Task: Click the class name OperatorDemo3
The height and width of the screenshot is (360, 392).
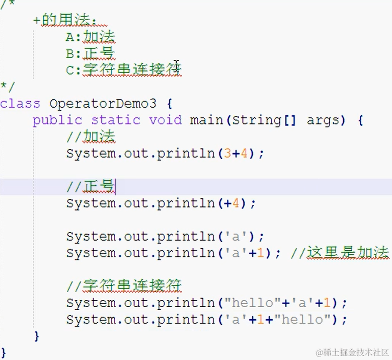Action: [103, 104]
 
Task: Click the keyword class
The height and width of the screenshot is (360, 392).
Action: [20, 104]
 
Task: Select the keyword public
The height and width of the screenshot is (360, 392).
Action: [57, 120]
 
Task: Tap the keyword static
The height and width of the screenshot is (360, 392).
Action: [115, 120]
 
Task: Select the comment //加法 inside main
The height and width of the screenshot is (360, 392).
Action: [91, 136]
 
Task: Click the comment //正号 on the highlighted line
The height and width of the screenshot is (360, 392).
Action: [91, 186]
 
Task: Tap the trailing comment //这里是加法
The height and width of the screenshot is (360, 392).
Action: [340, 253]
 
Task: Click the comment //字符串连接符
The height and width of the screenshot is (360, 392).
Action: [124, 286]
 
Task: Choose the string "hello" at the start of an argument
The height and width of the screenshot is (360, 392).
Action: [252, 303]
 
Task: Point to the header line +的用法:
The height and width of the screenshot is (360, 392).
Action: [65, 21]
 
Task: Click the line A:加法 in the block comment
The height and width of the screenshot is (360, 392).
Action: [91, 37]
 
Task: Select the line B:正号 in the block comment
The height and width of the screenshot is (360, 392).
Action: [91, 53]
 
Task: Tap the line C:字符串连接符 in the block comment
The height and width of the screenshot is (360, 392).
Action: [124, 70]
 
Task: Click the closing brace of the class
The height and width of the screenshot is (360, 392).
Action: [4, 351]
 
